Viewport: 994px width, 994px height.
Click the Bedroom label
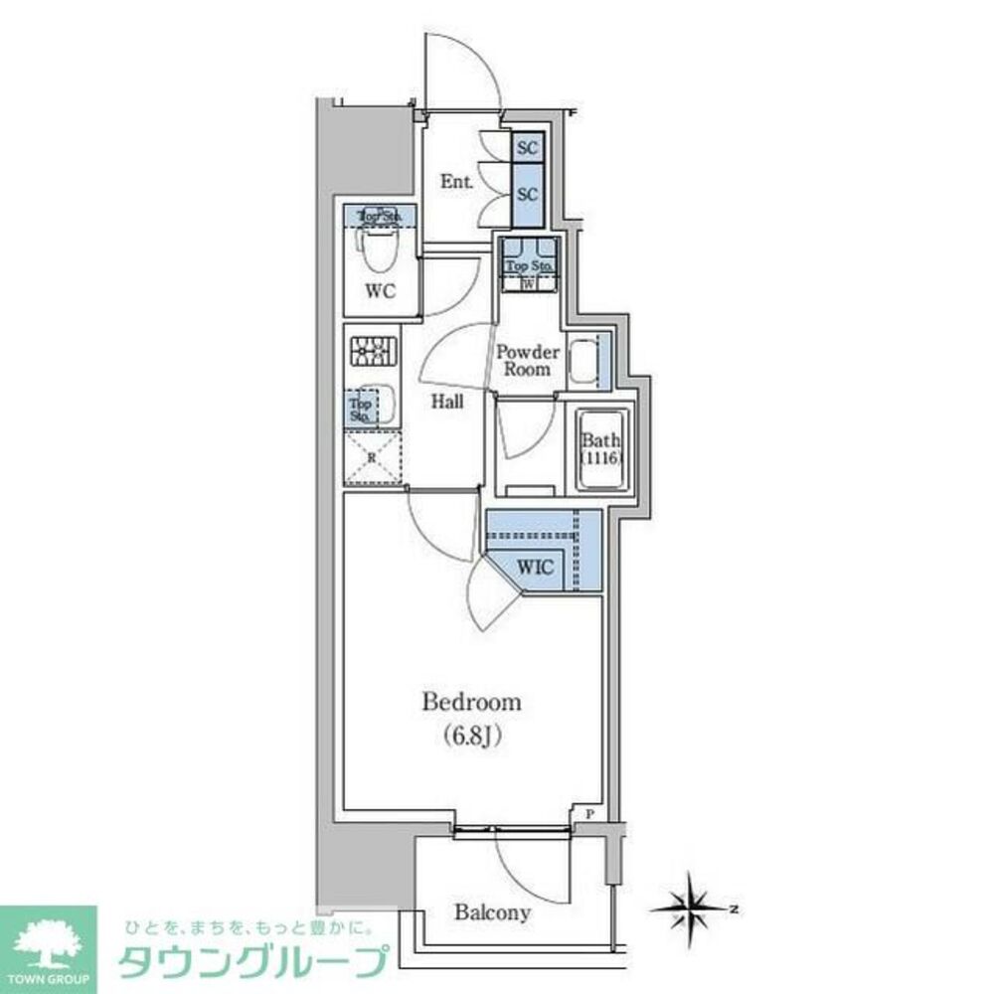click(471, 703)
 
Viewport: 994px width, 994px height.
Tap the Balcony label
click(492, 911)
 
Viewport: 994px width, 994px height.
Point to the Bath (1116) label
click(600, 449)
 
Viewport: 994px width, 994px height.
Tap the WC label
click(381, 291)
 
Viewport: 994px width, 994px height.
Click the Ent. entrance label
click(456, 182)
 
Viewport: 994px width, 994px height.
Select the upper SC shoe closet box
click(527, 148)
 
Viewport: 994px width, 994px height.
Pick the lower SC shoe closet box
click(527, 194)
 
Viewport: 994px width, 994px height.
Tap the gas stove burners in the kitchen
click(373, 350)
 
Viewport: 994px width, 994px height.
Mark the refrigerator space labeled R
click(372, 458)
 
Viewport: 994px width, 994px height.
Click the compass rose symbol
click(693, 906)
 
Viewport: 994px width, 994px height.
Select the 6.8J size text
click(471, 737)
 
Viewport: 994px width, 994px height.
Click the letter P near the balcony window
click(589, 813)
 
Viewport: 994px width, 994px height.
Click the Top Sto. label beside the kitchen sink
click(360, 409)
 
